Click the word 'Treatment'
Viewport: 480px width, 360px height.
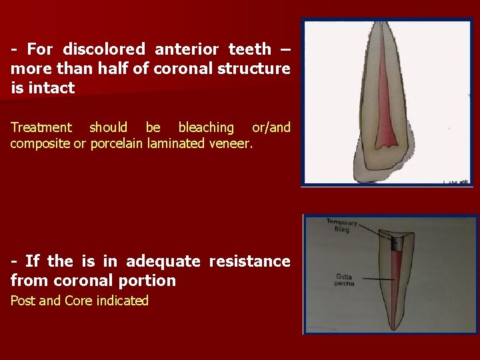coord(41,127)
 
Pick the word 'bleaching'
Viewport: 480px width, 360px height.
coord(206,127)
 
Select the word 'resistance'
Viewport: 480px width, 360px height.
coord(249,261)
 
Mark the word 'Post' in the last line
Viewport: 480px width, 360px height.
coord(23,301)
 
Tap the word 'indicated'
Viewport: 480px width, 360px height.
coord(122,301)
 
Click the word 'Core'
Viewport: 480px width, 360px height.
coord(79,301)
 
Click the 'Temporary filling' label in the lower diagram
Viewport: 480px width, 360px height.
coord(342,225)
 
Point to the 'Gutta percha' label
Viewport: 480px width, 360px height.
coord(344,279)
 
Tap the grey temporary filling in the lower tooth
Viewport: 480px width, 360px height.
coord(395,243)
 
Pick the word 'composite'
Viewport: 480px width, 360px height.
coord(40,144)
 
